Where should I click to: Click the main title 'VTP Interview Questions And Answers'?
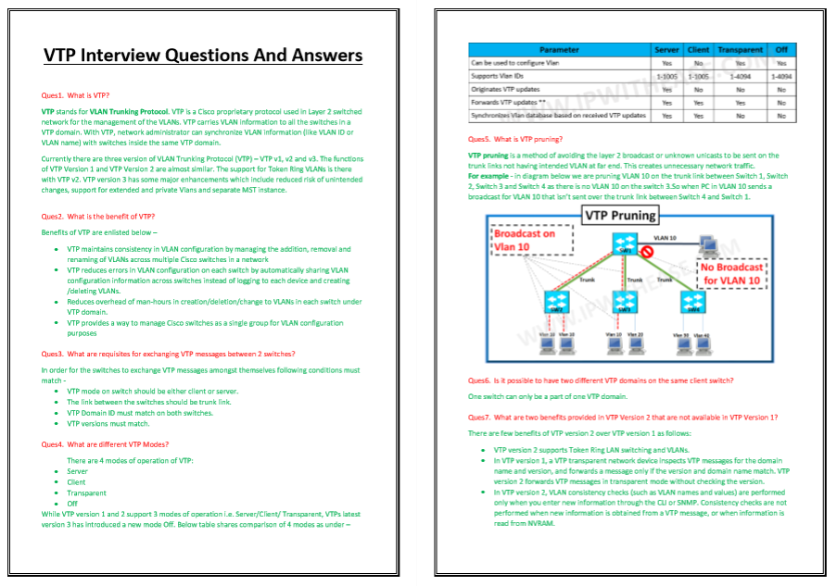coord(203,56)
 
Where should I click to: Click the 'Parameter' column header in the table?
coord(560,50)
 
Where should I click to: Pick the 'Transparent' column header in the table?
coord(740,50)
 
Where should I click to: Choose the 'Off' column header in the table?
coord(781,50)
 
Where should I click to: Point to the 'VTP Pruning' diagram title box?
coord(619,216)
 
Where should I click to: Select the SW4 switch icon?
coord(690,301)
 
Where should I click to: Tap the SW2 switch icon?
coord(556,301)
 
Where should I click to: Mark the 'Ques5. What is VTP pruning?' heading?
coord(515,139)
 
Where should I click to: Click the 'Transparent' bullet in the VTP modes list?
coord(86,492)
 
